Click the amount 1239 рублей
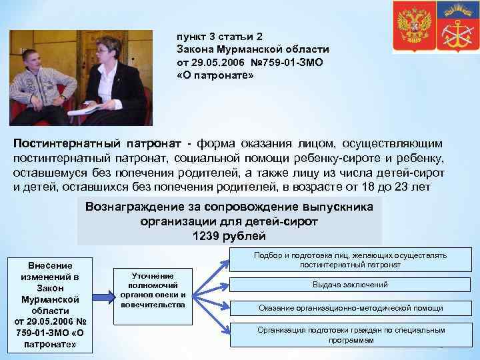click(229, 236)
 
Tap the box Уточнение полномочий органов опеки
click(153, 290)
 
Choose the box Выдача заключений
click(350, 285)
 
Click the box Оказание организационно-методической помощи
click(350, 308)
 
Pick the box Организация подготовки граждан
click(350, 335)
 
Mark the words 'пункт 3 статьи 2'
click(216, 37)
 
